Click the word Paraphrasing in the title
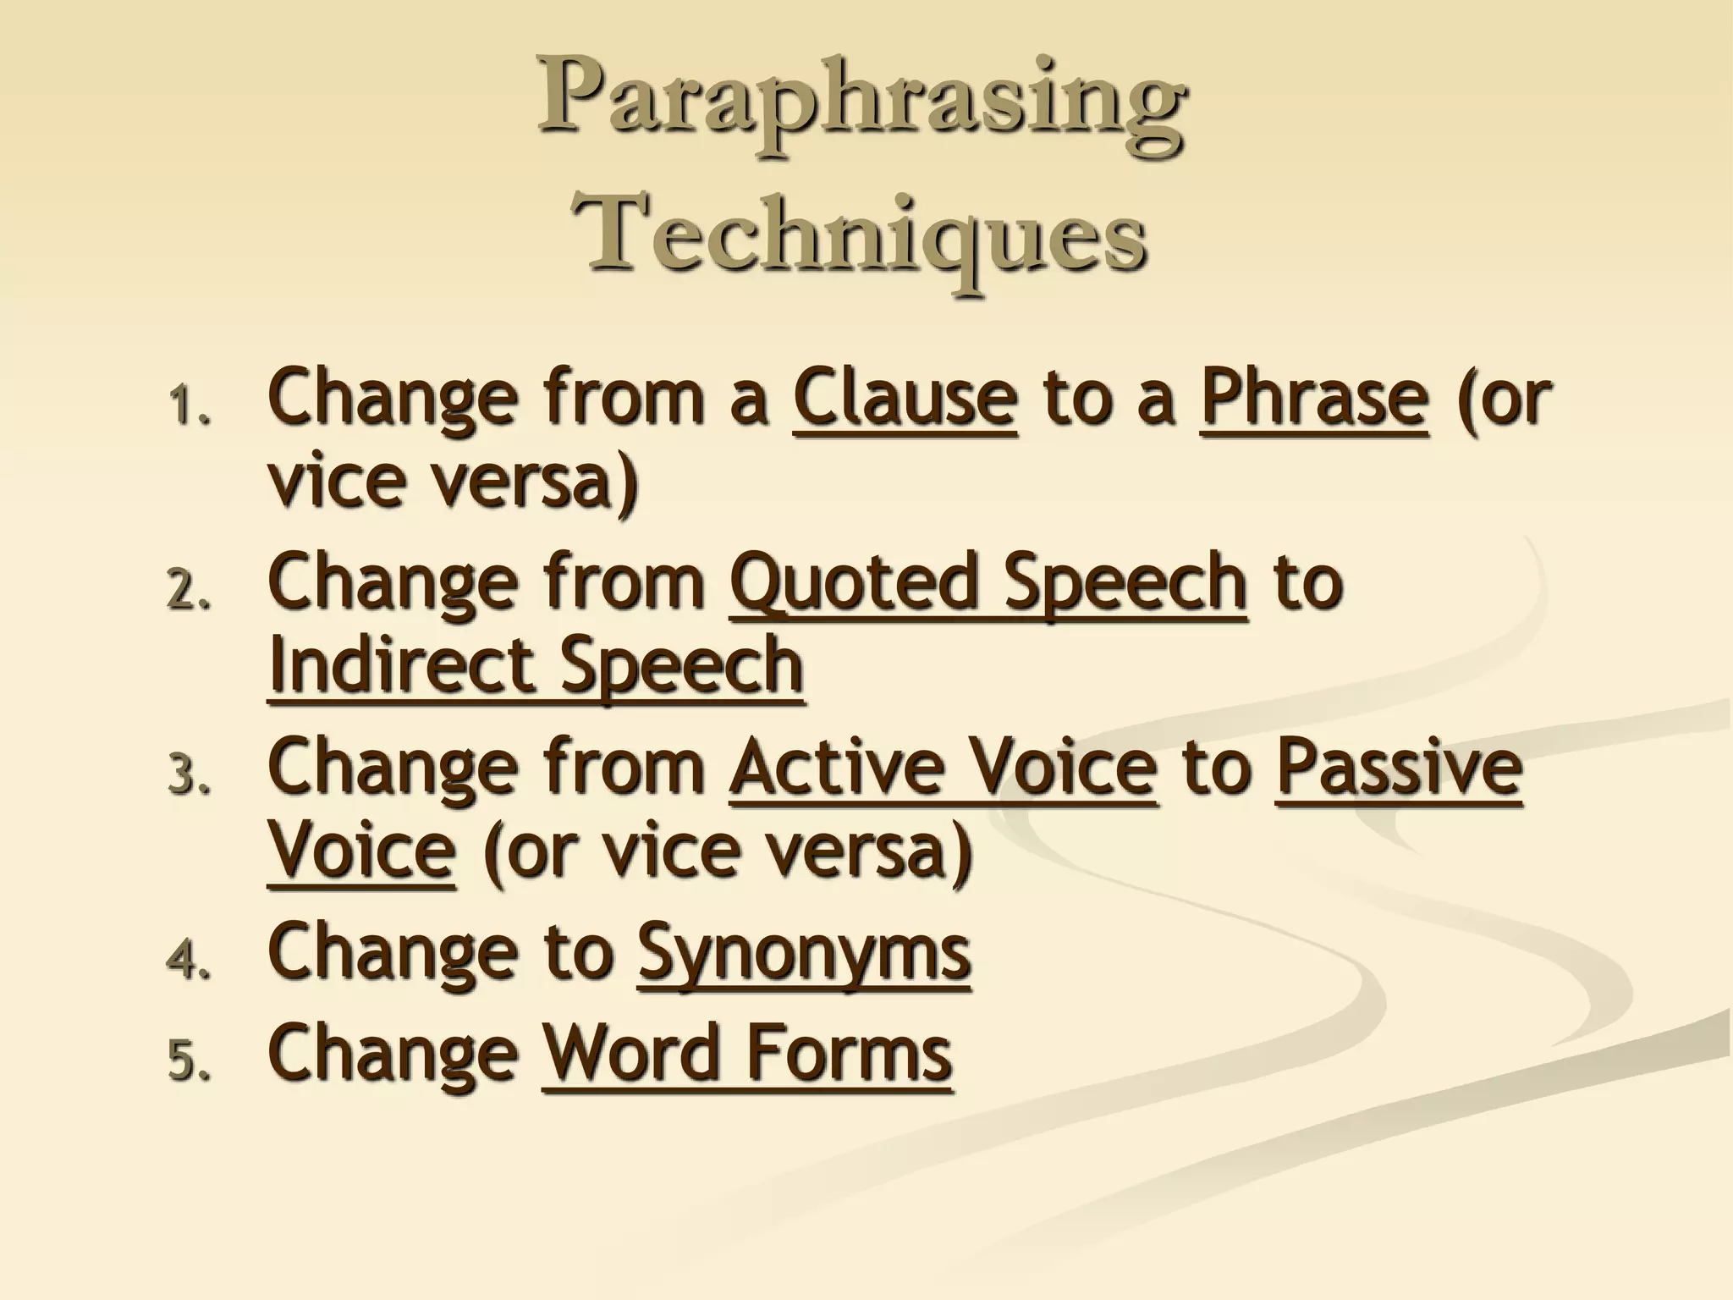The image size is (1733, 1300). click(861, 106)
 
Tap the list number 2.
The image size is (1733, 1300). click(187, 591)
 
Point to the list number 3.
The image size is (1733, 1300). click(187, 775)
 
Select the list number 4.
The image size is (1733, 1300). click(187, 960)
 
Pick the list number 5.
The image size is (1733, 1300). click(187, 1060)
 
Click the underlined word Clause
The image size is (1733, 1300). click(905, 398)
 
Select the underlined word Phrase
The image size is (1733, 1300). click(1314, 398)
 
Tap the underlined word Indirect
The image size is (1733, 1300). click(400, 666)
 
